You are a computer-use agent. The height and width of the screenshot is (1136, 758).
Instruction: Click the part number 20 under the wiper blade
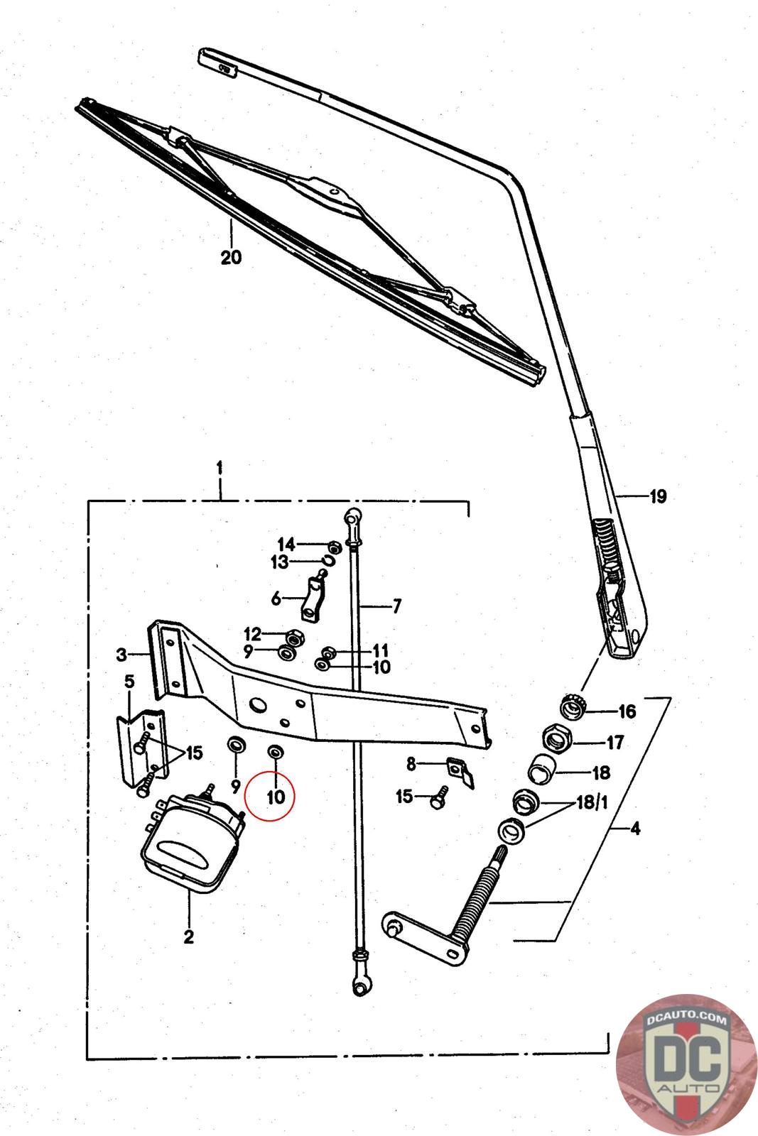[231, 256]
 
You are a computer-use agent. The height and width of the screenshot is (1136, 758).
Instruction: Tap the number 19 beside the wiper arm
[657, 496]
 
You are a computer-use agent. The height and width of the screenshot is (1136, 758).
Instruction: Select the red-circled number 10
[276, 797]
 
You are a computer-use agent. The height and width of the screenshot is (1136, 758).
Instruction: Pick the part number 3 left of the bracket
[121, 654]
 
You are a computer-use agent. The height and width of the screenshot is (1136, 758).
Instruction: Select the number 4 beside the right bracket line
[634, 828]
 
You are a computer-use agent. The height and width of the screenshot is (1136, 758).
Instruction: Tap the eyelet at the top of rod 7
[353, 516]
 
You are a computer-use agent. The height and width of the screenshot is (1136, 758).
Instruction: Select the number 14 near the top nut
[286, 545]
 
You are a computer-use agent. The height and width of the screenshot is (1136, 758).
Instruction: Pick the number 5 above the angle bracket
[129, 682]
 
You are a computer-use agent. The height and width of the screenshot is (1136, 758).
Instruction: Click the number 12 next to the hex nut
[253, 633]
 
